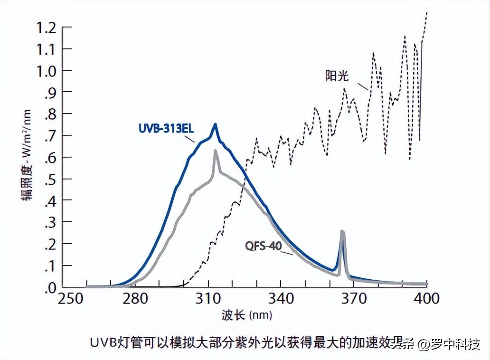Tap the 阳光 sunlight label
337,76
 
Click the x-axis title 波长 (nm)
246,315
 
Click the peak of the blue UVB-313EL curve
215,124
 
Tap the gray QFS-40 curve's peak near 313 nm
215,151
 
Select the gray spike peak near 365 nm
342,231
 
